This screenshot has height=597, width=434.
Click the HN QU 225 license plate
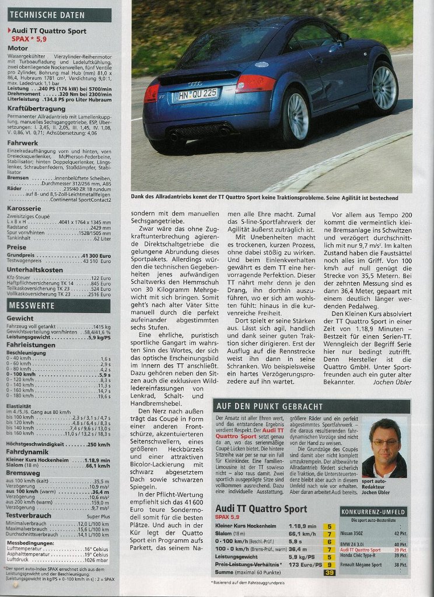197,93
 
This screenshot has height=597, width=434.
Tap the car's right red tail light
255,83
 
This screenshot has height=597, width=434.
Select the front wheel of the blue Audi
384,87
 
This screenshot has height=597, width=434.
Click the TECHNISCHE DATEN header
59,15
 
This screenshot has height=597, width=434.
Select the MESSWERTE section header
59,305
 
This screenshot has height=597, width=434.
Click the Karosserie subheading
24,208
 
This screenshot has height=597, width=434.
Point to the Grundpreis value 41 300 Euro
97,255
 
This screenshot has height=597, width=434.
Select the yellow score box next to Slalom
330,533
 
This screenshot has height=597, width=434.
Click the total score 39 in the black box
330,573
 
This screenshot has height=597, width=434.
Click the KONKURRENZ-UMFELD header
373,512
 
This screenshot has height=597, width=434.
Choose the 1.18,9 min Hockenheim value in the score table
302,526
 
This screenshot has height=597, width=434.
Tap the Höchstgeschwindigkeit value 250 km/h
97,444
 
